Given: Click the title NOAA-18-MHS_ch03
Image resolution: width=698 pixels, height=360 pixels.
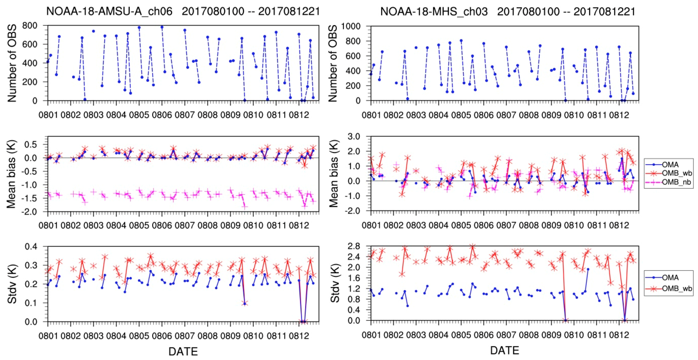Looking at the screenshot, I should click(x=434, y=11).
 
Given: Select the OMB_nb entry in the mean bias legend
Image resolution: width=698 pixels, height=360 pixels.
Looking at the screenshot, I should click(x=676, y=182).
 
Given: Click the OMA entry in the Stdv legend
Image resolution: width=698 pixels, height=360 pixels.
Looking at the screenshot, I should click(x=670, y=277).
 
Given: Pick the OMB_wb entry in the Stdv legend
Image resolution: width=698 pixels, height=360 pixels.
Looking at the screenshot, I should click(x=676, y=289).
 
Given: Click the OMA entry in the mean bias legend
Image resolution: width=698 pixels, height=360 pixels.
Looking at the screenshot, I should click(x=670, y=164).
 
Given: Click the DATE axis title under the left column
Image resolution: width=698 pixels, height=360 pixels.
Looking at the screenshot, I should click(x=183, y=351).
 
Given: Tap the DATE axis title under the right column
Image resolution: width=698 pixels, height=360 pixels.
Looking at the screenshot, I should click(x=505, y=350).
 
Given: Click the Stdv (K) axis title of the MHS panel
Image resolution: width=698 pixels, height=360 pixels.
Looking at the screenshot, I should click(x=335, y=283).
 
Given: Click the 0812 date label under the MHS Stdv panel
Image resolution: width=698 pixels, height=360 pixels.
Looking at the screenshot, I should click(x=619, y=335).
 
